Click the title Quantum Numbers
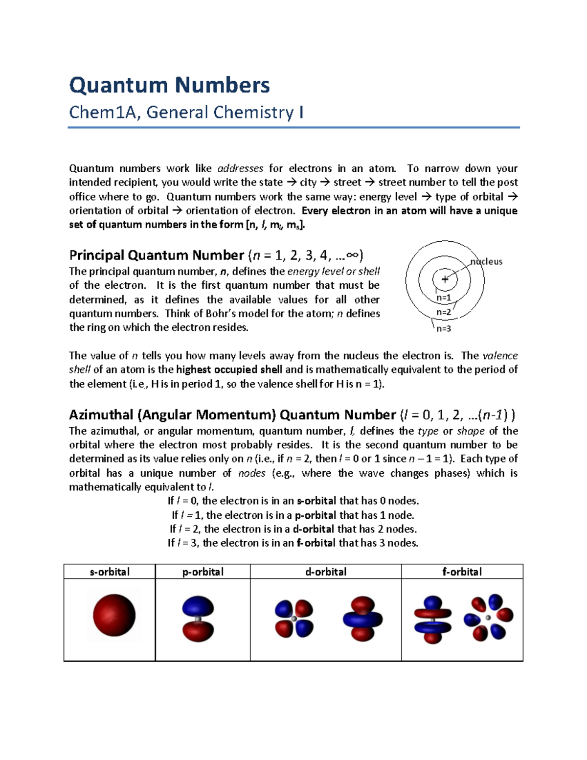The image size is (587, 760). (x=169, y=85)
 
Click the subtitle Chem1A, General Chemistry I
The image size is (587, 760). (x=186, y=113)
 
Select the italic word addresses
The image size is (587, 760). (x=240, y=168)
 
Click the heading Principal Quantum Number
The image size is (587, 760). (x=157, y=255)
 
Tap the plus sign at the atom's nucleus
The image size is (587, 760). (x=445, y=279)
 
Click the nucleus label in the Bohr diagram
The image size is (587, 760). (x=486, y=261)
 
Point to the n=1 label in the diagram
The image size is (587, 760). (x=444, y=298)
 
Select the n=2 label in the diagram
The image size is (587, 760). (x=444, y=312)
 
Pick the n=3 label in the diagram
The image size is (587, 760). (x=444, y=328)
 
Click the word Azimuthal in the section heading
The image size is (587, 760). (x=101, y=415)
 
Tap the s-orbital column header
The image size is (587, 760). (x=110, y=572)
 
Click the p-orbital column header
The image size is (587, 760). (x=203, y=572)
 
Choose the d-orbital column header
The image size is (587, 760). (x=326, y=572)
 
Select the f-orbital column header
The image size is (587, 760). (x=462, y=572)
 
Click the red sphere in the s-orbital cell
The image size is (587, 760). (x=114, y=615)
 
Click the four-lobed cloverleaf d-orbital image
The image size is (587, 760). (x=294, y=619)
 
